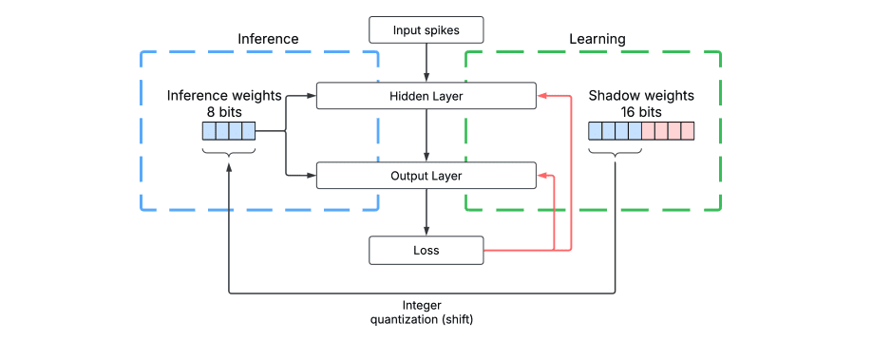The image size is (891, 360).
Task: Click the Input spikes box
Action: coord(426,30)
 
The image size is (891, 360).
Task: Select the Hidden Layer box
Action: coord(426,96)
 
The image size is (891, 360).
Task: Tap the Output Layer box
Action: coord(426,176)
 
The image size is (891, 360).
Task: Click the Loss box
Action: coord(426,251)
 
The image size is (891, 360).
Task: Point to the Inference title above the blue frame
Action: coord(268,39)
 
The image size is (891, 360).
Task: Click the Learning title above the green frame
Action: coord(597,39)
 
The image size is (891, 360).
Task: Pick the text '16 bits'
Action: coord(641,111)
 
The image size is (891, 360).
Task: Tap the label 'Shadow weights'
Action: coord(641,96)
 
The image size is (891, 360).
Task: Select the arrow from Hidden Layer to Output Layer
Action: coord(427,136)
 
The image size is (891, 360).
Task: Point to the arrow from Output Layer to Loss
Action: coord(427,212)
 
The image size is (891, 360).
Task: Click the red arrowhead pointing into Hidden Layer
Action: coord(541,96)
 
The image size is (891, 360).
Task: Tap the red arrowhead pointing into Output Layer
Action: coord(541,176)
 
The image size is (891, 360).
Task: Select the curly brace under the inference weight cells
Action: coord(229,151)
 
